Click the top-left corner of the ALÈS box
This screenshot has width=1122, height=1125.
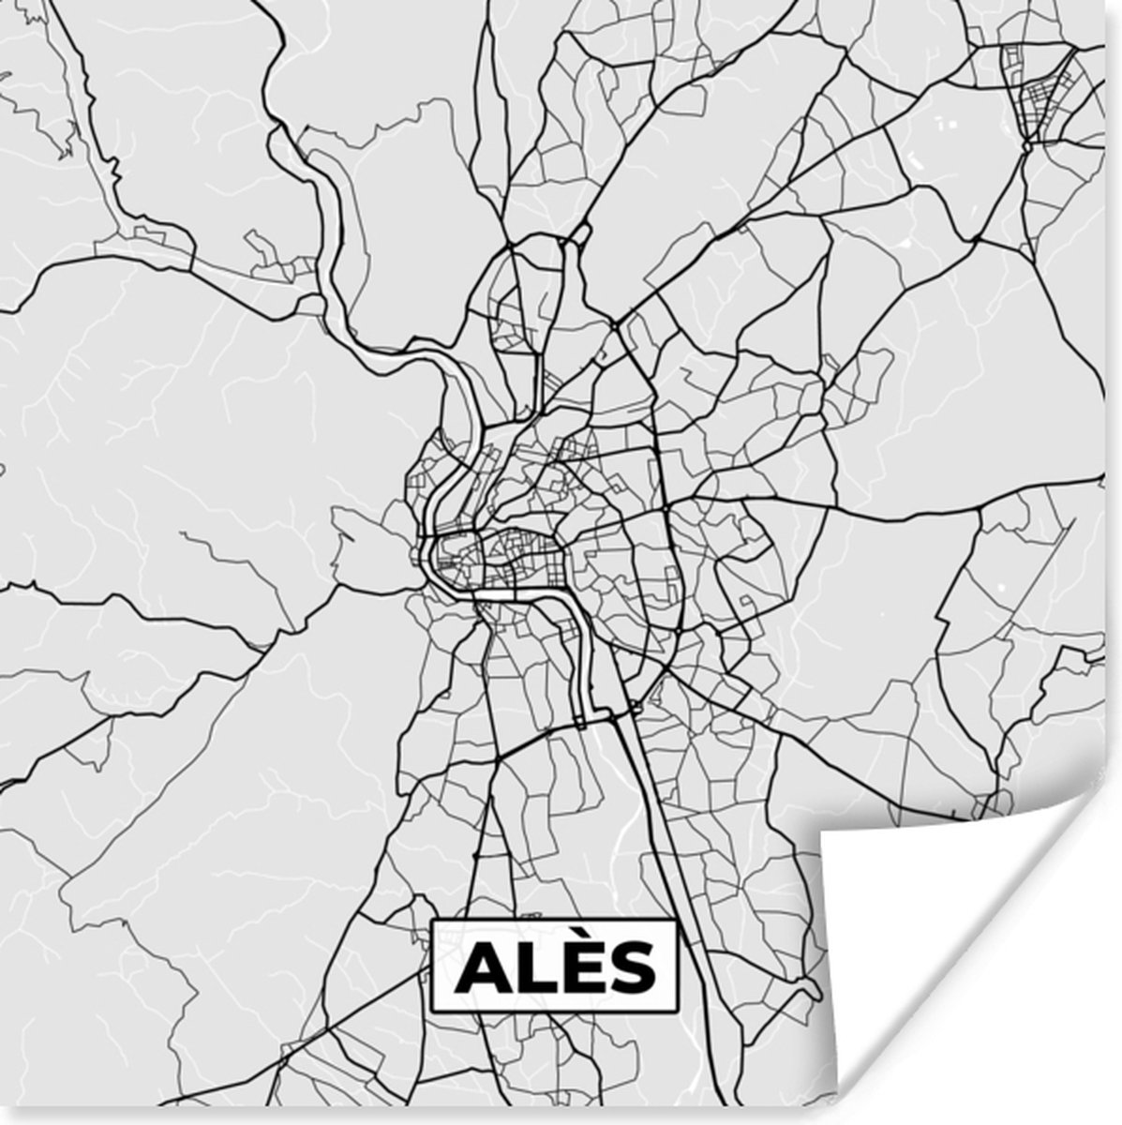click(x=432, y=921)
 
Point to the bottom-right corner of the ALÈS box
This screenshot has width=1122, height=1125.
click(x=676, y=1012)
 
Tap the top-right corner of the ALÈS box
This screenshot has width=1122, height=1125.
click(x=676, y=921)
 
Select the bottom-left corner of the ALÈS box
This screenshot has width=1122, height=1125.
click(x=432, y=1012)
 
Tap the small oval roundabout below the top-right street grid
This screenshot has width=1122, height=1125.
click(x=1028, y=145)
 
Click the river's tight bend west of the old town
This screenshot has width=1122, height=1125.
click(x=426, y=553)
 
